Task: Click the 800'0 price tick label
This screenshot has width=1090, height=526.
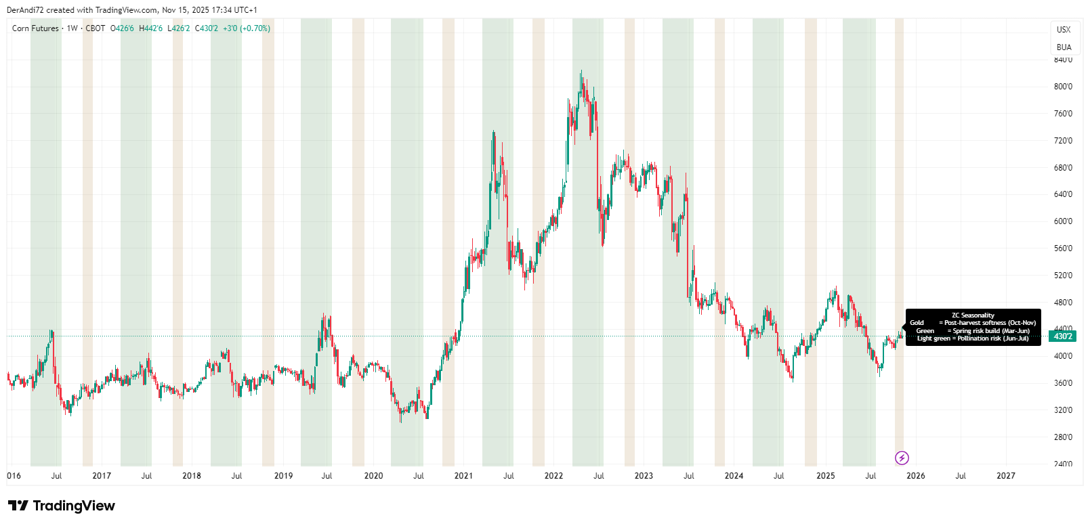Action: coord(1062,87)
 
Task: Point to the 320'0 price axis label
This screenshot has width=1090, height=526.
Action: coord(1062,410)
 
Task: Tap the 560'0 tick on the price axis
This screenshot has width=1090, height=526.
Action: coord(1062,248)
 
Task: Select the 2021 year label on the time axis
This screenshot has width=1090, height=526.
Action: coord(463,476)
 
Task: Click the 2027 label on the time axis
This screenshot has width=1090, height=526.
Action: coord(1005,476)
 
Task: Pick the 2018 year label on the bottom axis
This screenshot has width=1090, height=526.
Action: coord(192,476)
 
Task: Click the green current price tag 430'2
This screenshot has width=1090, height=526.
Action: coord(1062,336)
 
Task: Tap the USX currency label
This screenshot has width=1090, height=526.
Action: coord(1064,30)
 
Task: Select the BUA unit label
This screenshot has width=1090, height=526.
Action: coord(1064,47)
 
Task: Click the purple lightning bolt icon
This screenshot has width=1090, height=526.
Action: coord(902,458)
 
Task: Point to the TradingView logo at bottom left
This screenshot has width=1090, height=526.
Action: coord(61,506)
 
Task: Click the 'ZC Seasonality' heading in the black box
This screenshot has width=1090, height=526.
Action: coord(973,315)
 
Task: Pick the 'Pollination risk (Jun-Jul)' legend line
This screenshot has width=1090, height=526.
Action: coord(992,338)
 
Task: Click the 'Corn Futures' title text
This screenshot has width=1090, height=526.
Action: coord(35,28)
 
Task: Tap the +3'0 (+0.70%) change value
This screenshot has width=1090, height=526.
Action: coord(247,28)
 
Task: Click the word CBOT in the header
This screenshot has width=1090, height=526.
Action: coord(95,28)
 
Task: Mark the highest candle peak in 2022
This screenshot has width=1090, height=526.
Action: coord(581,71)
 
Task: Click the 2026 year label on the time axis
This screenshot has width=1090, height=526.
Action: coord(915,476)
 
